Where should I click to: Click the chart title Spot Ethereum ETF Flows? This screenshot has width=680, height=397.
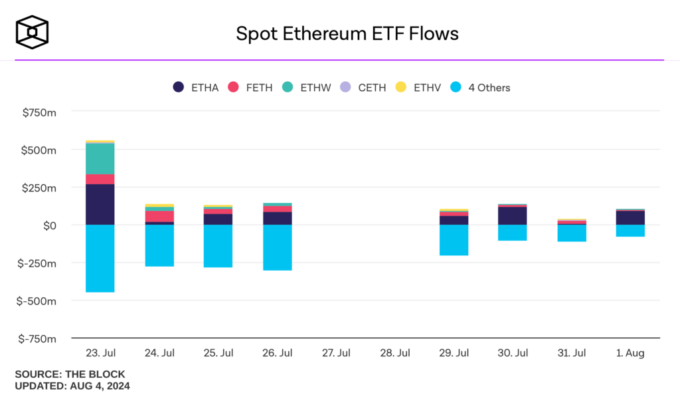click(347, 33)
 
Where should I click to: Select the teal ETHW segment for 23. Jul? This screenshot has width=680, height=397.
click(100, 158)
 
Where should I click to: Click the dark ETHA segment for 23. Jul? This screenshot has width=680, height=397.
click(100, 204)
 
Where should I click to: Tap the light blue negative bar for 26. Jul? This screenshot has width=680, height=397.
click(277, 247)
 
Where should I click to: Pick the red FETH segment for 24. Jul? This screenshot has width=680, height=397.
click(159, 217)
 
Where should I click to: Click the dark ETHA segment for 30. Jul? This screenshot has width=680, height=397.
click(513, 216)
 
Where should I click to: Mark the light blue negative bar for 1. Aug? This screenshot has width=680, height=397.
click(630, 231)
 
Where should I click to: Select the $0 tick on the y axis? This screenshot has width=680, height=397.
click(47, 225)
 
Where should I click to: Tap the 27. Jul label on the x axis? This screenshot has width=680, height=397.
click(336, 353)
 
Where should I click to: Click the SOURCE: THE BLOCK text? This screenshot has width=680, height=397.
click(70, 374)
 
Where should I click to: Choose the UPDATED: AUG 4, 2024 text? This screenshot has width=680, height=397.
click(72, 386)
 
